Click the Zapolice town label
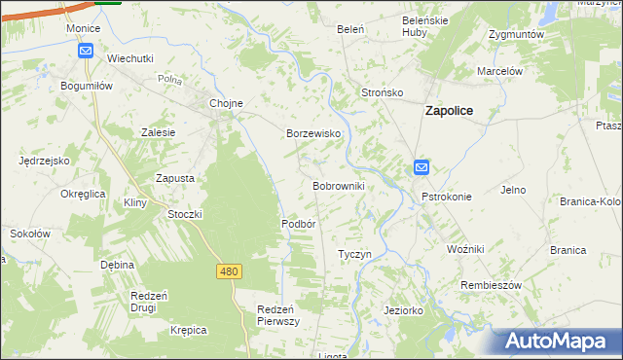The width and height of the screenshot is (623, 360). tap(449, 111)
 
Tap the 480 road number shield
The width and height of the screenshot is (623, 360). tap(229, 271)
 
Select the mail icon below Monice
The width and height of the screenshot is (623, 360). tap(85, 51)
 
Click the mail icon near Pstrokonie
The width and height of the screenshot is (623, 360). tap(421, 167)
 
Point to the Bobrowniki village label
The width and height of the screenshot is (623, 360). tap(338, 185)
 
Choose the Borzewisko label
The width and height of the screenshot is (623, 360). tap(311, 133)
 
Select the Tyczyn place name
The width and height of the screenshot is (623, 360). tap(354, 254)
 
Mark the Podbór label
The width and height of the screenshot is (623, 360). tap(299, 223)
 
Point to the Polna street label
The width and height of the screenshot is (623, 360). tap(170, 80)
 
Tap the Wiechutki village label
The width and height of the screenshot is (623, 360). tap(130, 58)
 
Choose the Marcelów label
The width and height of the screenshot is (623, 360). tap(500, 71)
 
